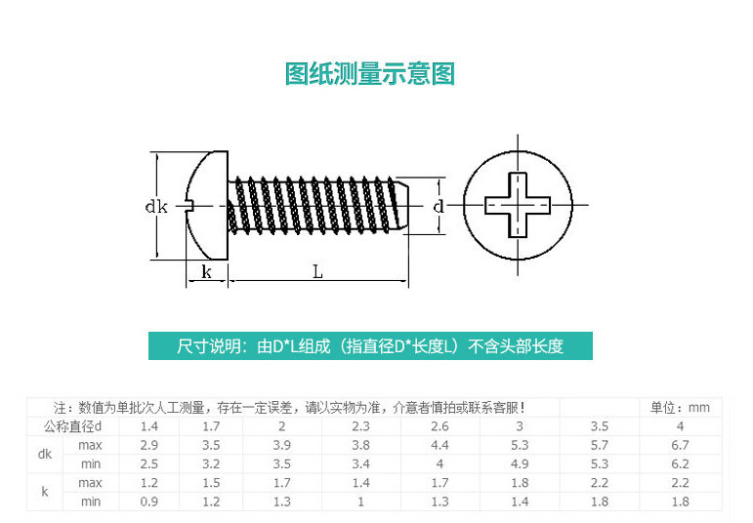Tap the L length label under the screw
pos(317,272)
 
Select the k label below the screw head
pos(206,272)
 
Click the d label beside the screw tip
pos(439,206)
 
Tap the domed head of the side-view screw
pos(205,205)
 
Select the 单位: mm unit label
pos(680,408)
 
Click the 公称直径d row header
pos(80,426)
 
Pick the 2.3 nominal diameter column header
pos(360,426)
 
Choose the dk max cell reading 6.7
pos(680,445)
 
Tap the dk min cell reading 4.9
pos(520,463)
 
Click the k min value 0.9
pos(149,501)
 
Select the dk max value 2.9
pos(149,445)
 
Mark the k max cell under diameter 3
pos(520,482)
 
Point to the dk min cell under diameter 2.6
pos(439,463)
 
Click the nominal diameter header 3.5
pos(600,426)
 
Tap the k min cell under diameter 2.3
pos(360,501)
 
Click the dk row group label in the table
pos(45,454)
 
